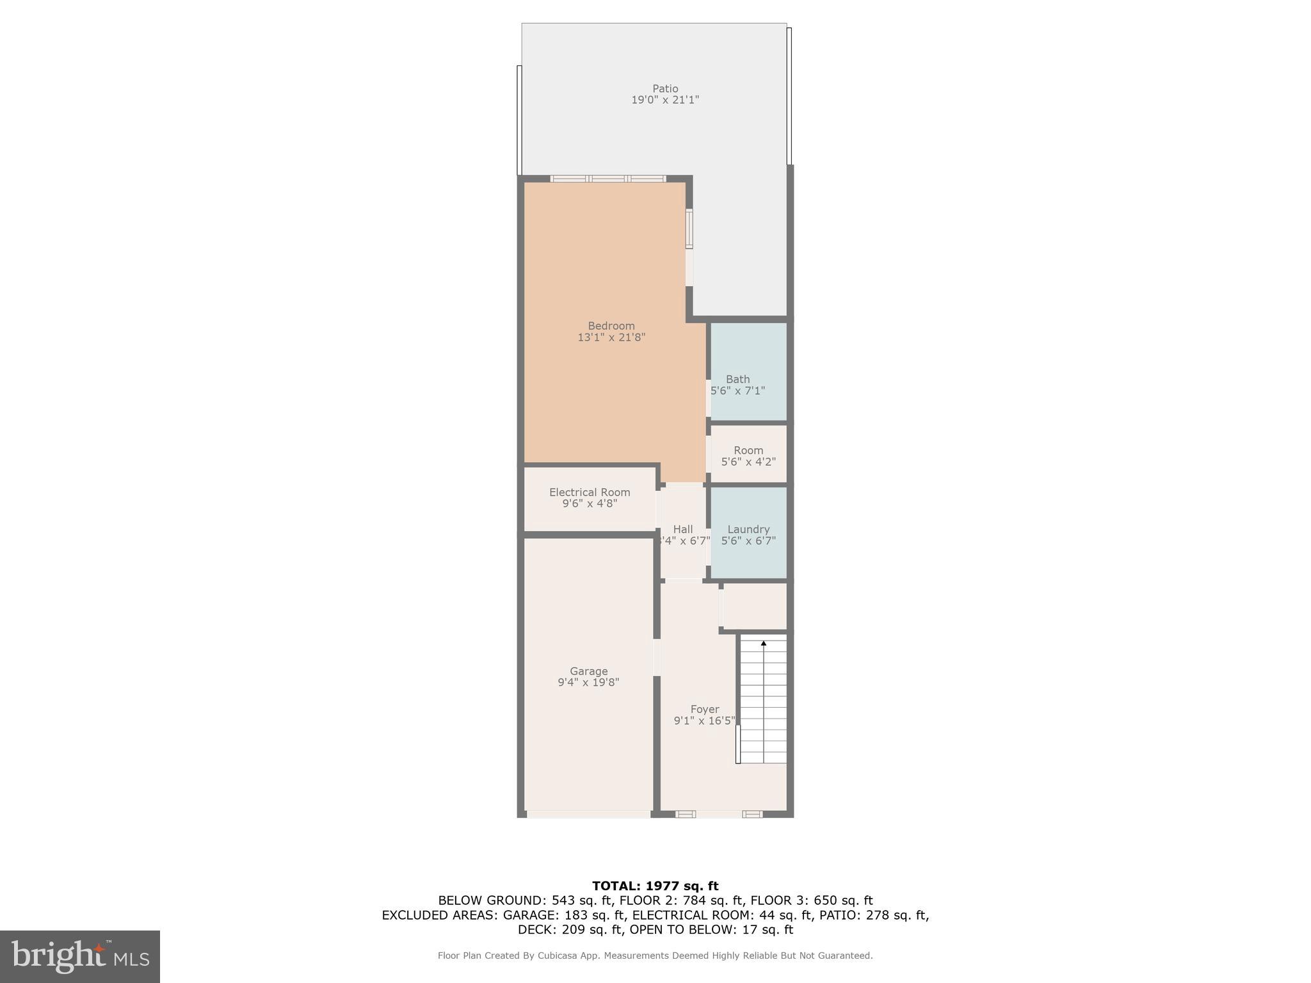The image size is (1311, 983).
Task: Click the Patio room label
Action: pos(665,88)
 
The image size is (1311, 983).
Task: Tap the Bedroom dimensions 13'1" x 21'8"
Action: pos(611,337)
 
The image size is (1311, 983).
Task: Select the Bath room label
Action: pos(737,379)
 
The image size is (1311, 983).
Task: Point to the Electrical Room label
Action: pos(590,492)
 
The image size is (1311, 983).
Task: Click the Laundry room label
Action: pos(748,529)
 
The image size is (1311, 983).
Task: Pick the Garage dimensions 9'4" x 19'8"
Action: pos(588,682)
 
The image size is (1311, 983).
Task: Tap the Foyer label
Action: pos(704,709)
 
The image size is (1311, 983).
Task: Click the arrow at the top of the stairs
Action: pos(763,643)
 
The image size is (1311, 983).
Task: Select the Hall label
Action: pos(683,529)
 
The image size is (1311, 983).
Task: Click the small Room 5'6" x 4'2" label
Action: pos(748,455)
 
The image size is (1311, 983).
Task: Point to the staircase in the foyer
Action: pos(763,701)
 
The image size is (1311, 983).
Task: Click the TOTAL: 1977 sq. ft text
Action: pos(655,886)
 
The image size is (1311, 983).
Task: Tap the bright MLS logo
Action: pos(80,956)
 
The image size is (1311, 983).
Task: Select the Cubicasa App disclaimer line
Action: pos(655,955)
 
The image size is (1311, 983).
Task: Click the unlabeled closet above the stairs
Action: pos(755,606)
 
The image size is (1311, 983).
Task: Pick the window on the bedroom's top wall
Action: pos(607,179)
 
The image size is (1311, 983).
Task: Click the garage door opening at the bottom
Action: pos(588,814)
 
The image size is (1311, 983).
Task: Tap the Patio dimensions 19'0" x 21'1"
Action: pos(665,100)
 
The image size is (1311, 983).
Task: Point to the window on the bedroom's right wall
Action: pos(689,228)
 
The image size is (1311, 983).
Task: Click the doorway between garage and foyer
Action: pos(657,657)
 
